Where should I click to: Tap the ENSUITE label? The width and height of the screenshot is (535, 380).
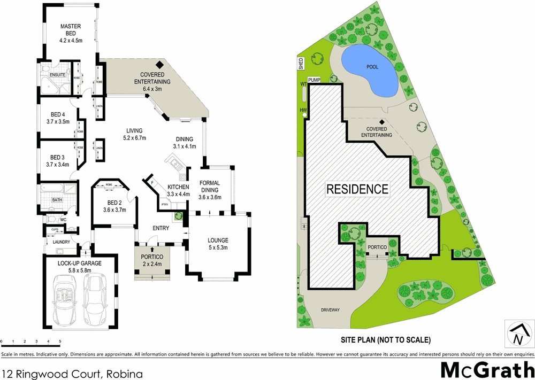click(x=57, y=75)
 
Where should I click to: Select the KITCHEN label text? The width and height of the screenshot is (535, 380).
click(x=178, y=187)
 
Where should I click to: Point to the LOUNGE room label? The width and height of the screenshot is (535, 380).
click(x=218, y=240)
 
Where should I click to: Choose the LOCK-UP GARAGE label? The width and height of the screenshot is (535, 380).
click(x=79, y=263)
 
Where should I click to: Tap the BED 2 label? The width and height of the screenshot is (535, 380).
click(x=114, y=203)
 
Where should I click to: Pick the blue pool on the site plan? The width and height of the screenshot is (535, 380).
click(x=369, y=69)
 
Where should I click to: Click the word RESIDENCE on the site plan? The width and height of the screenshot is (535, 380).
click(x=357, y=189)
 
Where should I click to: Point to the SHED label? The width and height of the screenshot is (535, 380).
click(x=301, y=63)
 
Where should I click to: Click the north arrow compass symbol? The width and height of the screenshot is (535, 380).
click(x=517, y=334)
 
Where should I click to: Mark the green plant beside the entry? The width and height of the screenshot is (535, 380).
click(x=179, y=216)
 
